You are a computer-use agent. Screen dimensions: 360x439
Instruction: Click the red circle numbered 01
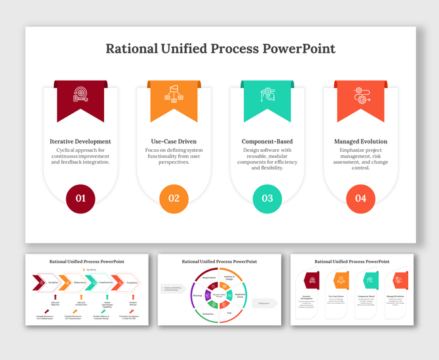pos(81,198)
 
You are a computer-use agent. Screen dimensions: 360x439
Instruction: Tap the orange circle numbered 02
pos(174,198)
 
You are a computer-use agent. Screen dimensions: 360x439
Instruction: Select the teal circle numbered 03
pos(267,198)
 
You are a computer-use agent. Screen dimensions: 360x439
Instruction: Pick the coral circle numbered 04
pos(360,198)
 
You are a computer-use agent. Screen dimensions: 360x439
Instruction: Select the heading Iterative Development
pos(81,141)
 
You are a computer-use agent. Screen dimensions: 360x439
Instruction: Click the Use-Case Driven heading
pos(174,141)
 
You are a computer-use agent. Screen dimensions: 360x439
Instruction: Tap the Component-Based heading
pos(267,141)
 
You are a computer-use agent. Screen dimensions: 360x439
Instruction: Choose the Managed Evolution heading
pos(360,141)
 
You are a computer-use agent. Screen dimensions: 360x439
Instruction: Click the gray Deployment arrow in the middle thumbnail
pos(264,303)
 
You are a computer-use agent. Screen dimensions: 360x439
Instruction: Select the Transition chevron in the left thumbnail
pos(131,283)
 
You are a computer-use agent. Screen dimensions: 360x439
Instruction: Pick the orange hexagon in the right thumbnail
pos(341,280)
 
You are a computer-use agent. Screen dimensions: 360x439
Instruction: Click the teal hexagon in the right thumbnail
pos(370,280)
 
